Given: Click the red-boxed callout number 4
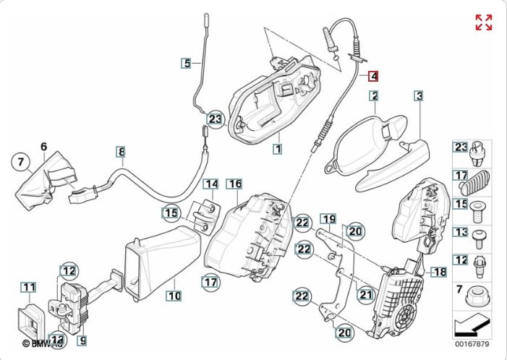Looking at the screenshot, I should (373, 75).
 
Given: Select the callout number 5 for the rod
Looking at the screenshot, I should (187, 64).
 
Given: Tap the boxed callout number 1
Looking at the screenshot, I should (276, 149).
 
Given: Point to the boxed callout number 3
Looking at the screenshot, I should (419, 95).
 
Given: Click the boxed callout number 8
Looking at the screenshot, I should (122, 152).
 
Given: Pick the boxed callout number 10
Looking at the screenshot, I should (174, 295).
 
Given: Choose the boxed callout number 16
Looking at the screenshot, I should (234, 184).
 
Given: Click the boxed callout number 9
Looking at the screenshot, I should (82, 339).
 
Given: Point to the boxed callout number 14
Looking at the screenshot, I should (210, 184).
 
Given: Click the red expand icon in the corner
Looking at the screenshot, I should (483, 22).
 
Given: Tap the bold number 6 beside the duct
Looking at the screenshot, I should (43, 147).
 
